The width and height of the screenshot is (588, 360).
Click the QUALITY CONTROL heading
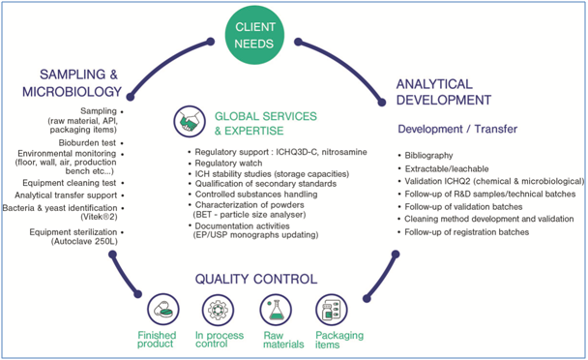256,280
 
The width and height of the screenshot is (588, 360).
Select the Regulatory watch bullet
229,163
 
